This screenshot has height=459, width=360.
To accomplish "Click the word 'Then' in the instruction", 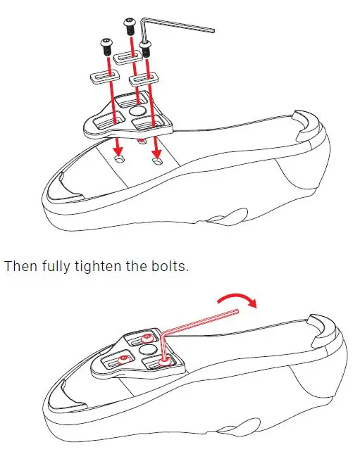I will click(x=20, y=268).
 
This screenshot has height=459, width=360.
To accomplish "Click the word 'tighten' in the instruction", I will click(x=96, y=268).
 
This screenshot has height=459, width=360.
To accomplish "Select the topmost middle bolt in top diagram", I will click(x=130, y=25).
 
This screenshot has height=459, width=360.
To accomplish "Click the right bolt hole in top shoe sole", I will click(x=157, y=163).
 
